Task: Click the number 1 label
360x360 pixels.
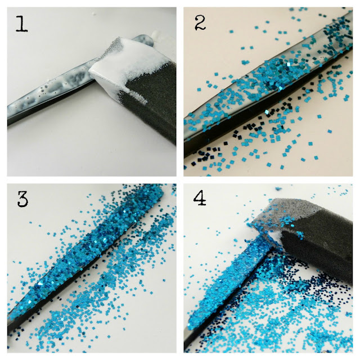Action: coord(21,24)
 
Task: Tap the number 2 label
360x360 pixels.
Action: coord(200,22)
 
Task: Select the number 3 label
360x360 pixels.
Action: coord(23,199)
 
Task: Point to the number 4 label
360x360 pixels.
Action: coord(200,198)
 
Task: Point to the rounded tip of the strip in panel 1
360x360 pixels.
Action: coord(147,39)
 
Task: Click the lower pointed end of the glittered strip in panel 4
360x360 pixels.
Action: coord(190,326)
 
